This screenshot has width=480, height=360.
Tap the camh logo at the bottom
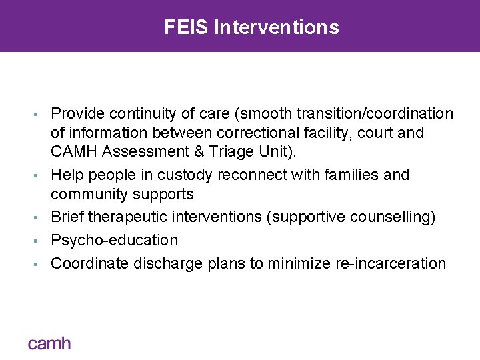click(49, 343)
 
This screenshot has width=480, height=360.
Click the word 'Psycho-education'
click(115, 240)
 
